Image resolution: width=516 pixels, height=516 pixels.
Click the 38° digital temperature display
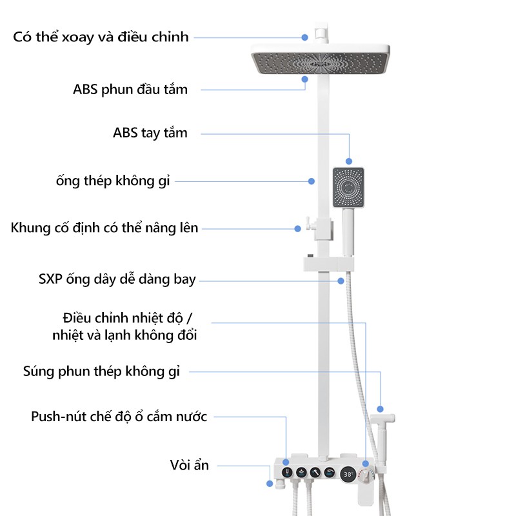point(348,474)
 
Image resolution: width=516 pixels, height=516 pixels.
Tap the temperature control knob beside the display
point(366,475)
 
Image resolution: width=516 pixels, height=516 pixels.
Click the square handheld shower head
point(348,188)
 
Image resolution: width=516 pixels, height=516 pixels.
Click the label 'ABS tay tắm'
point(150,134)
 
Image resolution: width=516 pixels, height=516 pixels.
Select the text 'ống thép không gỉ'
point(113,181)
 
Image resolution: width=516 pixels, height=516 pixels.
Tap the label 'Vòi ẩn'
point(190,464)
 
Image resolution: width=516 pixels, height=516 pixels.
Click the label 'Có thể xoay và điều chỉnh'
point(101,37)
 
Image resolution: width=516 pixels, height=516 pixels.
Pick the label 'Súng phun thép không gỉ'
point(102,371)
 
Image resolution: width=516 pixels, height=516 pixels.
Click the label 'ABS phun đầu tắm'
point(130,90)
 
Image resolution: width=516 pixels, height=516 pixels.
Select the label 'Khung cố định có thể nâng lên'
point(104,228)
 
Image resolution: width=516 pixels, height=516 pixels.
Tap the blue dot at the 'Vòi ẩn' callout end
point(270,482)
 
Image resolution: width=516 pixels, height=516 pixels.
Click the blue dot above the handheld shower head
point(350,161)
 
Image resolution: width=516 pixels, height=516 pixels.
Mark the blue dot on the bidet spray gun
point(381,409)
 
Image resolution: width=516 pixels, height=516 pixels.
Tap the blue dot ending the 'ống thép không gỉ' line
point(312,181)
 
